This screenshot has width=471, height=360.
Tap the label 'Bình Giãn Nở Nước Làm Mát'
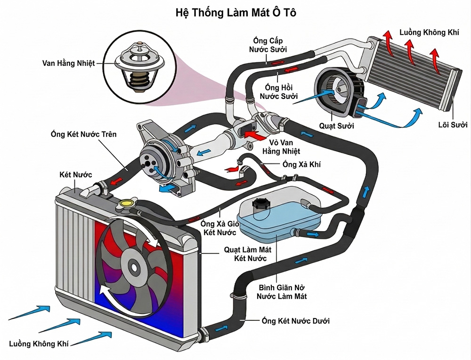[x=281, y=292]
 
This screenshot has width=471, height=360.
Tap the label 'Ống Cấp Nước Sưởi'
[x=268, y=44]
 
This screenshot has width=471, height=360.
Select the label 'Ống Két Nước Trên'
[x=84, y=134]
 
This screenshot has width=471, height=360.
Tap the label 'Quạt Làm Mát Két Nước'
[x=250, y=254]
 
